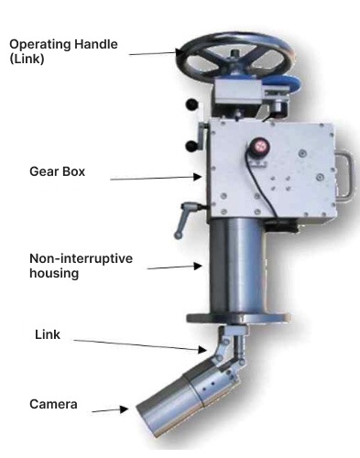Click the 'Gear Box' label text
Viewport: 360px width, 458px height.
click(x=57, y=171)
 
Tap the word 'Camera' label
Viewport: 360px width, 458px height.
click(x=53, y=404)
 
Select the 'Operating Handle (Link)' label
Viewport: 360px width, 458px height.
click(x=63, y=51)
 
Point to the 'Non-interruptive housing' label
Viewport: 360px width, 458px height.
click(x=81, y=266)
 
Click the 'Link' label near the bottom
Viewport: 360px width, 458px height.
click(x=48, y=334)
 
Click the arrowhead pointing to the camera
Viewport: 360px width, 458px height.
click(x=124, y=409)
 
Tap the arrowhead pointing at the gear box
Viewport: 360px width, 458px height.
click(x=198, y=177)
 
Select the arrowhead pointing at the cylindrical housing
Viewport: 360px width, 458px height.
click(x=198, y=266)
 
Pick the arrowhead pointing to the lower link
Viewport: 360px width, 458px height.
click(x=202, y=350)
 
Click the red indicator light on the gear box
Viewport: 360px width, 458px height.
click(x=260, y=146)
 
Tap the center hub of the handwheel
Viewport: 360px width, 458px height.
click(x=235, y=55)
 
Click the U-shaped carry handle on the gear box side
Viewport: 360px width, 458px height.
click(x=345, y=177)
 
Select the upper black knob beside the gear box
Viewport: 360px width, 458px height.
click(x=191, y=104)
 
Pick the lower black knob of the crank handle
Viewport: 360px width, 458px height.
click(x=191, y=147)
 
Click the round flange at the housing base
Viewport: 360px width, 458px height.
click(x=238, y=318)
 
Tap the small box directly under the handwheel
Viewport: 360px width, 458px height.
click(x=238, y=92)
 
